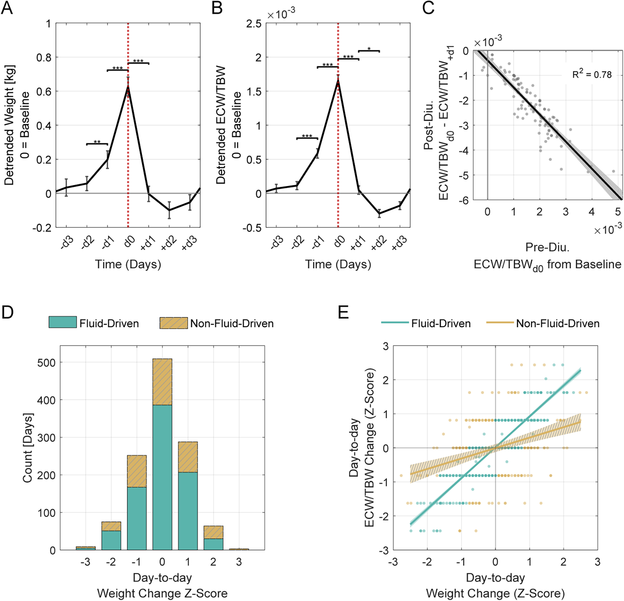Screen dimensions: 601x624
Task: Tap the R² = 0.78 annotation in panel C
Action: pos(592,75)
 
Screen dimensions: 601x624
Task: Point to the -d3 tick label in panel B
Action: pos(276,243)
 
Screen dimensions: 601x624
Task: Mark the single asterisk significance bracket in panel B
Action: pos(369,51)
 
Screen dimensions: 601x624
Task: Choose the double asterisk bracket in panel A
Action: pos(97,144)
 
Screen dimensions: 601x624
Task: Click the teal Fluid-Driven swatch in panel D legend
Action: pos(62,322)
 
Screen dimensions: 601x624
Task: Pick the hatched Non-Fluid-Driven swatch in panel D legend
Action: pos(174,323)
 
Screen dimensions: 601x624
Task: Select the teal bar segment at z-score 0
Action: pos(162,477)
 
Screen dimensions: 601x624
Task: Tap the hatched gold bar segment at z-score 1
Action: pos(188,457)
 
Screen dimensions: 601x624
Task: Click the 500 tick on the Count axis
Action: pos(46,363)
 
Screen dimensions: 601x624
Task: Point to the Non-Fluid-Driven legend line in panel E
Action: pos(500,322)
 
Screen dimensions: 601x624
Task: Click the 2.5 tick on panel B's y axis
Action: pos(254,24)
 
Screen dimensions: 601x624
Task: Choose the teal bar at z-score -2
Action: pos(111,540)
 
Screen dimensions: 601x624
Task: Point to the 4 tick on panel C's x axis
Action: pos(591,212)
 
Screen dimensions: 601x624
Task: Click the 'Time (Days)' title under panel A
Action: pos(128,264)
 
